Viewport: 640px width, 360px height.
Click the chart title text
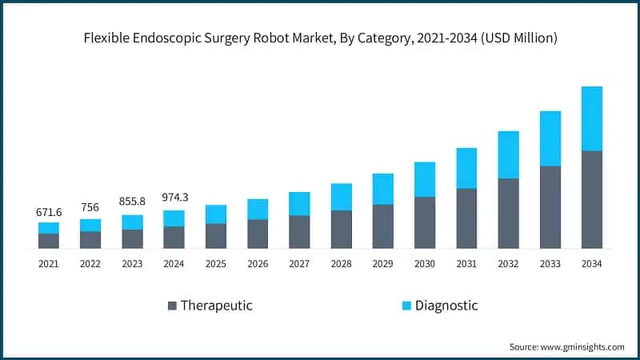[x=320, y=38]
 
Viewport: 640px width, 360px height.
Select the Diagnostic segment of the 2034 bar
[x=591, y=118]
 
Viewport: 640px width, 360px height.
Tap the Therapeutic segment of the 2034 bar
[x=591, y=199]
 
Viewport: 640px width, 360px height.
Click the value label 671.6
[x=49, y=213]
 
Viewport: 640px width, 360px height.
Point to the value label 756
[x=90, y=208]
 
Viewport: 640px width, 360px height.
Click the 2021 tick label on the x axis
[x=49, y=262]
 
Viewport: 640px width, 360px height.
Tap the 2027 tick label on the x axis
[x=299, y=262]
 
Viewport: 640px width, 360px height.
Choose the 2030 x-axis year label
[x=424, y=262]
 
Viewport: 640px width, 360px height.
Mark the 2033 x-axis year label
[x=550, y=262]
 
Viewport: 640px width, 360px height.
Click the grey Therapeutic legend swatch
[x=172, y=306]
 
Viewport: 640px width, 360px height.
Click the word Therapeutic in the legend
[x=216, y=306]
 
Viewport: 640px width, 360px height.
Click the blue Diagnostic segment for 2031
[x=466, y=168]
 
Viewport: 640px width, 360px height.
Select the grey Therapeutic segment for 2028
[x=342, y=229]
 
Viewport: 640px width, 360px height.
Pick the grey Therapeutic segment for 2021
[x=49, y=241]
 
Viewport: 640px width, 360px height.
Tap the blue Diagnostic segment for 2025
[x=216, y=214]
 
